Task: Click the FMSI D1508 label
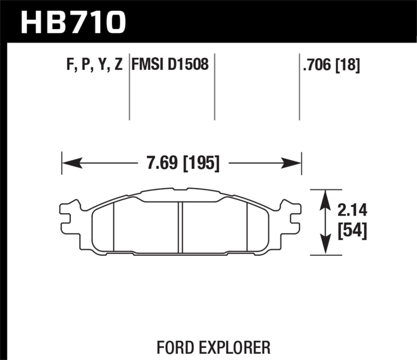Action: click(170, 66)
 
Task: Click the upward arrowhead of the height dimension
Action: click(326, 198)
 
